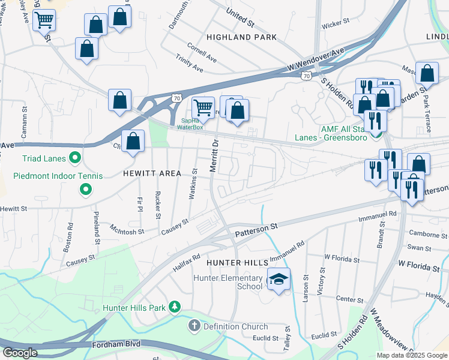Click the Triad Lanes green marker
[75, 158]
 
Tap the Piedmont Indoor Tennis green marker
[86, 190]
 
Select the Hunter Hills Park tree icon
[175, 307]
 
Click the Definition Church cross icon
[194, 326]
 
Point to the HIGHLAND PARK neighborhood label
[241, 37]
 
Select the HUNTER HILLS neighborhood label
[236, 263]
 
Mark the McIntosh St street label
[127, 229]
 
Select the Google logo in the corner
[20, 353]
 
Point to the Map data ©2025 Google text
[412, 355]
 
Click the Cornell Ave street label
[202, 48]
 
